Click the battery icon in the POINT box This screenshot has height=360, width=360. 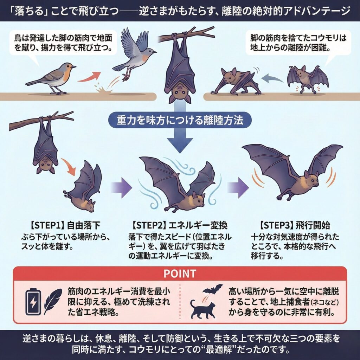(33, 302)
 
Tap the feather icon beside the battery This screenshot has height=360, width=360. (53, 302)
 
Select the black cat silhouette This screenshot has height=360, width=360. (203, 309)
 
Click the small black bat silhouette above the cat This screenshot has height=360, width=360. (212, 289)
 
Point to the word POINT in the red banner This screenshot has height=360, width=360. (180, 274)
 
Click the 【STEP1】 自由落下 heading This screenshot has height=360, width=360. (65, 225)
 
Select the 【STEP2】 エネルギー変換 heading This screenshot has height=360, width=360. (180, 225)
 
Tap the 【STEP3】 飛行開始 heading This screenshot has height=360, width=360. (295, 225)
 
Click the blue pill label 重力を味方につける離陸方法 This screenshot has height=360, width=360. (180, 120)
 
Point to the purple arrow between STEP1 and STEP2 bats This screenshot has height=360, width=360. (121, 187)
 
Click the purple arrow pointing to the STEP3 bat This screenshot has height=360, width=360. (238, 187)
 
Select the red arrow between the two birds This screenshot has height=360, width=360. (89, 77)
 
